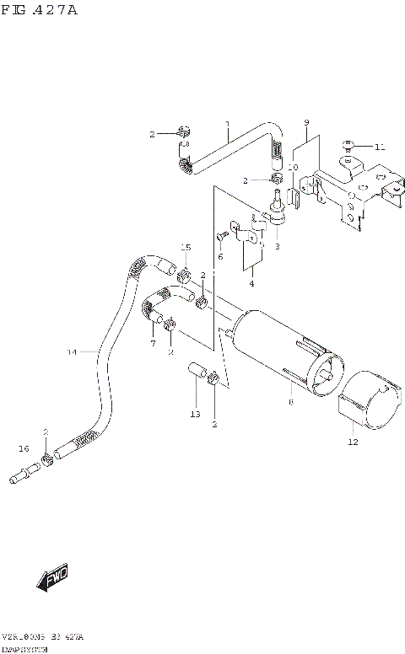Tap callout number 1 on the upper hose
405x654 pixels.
click(x=228, y=126)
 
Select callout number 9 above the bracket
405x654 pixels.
click(x=306, y=123)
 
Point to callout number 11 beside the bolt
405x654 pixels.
click(x=380, y=147)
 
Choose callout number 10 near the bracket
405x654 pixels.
click(x=293, y=169)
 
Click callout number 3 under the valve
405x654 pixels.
click(x=277, y=245)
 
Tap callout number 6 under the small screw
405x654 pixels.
click(x=220, y=257)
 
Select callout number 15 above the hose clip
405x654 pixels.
click(x=186, y=246)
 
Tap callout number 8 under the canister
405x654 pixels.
click(x=289, y=404)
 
